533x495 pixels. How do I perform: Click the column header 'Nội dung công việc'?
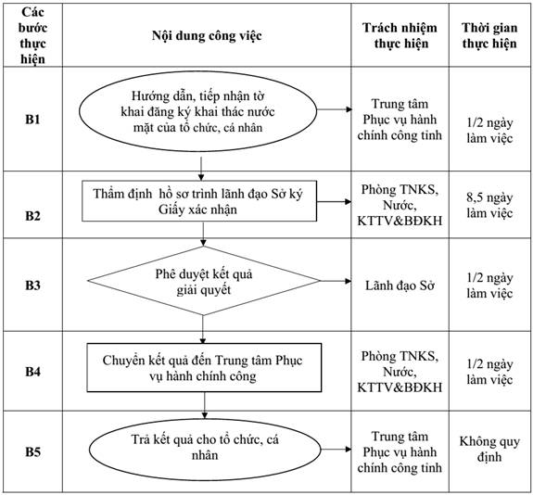(x=207, y=36)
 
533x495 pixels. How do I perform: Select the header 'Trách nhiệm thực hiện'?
(x=400, y=36)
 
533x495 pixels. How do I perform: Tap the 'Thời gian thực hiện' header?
(x=489, y=36)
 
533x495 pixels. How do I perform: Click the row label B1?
(x=32, y=120)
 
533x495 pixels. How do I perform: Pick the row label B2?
(x=32, y=216)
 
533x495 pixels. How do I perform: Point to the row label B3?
(x=32, y=285)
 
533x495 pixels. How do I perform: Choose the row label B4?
(x=32, y=372)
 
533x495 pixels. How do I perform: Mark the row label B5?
(x=32, y=451)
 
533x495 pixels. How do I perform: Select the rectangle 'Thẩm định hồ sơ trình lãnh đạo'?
(x=199, y=201)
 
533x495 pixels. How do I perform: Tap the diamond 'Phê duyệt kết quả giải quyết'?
(x=204, y=281)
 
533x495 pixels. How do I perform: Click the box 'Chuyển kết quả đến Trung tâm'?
(x=204, y=368)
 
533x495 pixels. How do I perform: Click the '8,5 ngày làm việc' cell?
(x=489, y=205)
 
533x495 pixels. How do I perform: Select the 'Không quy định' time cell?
(x=489, y=449)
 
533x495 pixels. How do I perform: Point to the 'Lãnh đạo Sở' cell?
(x=400, y=286)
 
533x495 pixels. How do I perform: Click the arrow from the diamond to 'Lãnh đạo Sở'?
(x=336, y=281)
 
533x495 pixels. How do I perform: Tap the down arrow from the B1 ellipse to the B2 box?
(x=201, y=169)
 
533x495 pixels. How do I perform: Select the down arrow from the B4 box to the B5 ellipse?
(x=204, y=405)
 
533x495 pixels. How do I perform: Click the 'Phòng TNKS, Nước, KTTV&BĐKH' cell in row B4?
(x=400, y=372)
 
